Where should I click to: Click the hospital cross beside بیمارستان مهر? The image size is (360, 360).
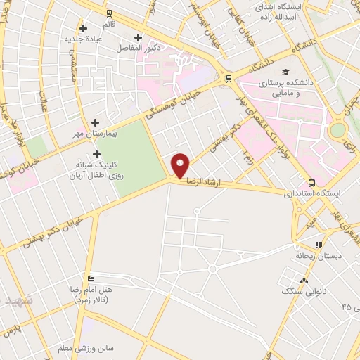95,122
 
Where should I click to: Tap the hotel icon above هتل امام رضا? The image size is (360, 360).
90,277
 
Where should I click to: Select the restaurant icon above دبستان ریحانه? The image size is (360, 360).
319,245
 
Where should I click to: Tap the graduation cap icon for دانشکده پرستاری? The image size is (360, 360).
285,72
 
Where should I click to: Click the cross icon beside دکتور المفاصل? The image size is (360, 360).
138,37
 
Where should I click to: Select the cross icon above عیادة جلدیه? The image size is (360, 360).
84,29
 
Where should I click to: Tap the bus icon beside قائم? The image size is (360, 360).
109,12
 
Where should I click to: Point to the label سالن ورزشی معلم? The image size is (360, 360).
96,347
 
